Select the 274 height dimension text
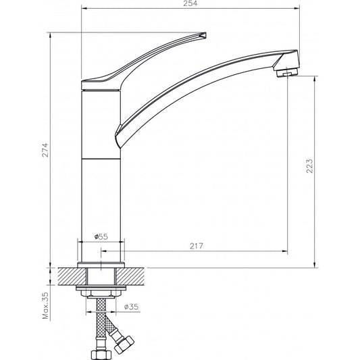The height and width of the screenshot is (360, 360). coord(45,149)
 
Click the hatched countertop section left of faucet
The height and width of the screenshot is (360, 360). coord(68,276)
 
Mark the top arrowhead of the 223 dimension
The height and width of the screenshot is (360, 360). coord(317,76)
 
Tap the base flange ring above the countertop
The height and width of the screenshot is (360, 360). coord(101,264)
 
